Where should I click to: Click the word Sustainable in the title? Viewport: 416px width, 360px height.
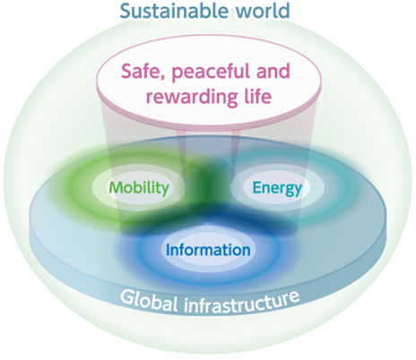[x=172, y=11]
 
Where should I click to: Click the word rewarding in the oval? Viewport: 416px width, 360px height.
[x=191, y=98]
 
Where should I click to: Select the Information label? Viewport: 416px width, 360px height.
[x=208, y=250]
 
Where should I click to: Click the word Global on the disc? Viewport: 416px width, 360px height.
[x=150, y=301]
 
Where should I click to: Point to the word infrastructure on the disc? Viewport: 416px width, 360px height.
[x=242, y=302]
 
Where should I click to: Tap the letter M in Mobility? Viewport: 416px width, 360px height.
[x=116, y=188]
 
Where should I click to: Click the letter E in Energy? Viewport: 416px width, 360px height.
[x=257, y=188]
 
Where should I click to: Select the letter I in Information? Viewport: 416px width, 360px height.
[x=168, y=250]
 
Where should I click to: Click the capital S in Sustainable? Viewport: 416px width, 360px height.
[x=126, y=11]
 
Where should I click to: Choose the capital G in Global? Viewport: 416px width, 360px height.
[x=127, y=297]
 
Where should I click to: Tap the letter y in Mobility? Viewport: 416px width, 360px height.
[x=166, y=191]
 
